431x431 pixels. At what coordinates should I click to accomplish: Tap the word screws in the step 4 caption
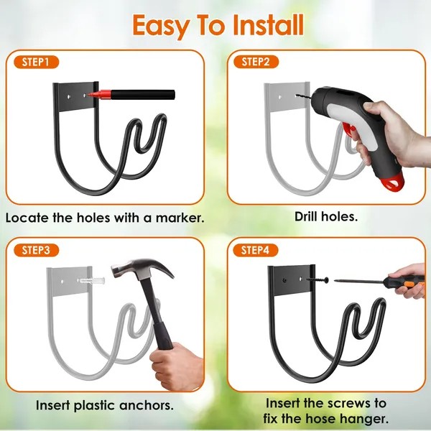pos(351,403)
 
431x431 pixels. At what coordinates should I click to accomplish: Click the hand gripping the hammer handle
pos(176,363)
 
